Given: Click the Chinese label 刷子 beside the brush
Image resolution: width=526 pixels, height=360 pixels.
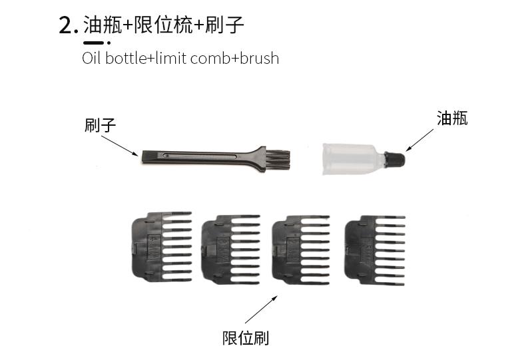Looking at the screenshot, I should pos(101,125).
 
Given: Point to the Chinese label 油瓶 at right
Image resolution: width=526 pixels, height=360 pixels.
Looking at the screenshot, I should pos(452,118).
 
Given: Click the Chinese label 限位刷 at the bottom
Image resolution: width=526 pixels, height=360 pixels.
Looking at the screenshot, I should pos(246,338).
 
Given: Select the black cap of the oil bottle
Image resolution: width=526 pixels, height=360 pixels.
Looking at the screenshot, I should pos(395,160).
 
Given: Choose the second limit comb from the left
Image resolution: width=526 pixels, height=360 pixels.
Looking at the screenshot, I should pos(230,250).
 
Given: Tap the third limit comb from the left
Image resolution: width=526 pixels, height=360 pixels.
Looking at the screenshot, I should pos(302,250).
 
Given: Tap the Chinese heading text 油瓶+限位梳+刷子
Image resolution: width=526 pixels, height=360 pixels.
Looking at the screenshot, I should pos(164,25).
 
